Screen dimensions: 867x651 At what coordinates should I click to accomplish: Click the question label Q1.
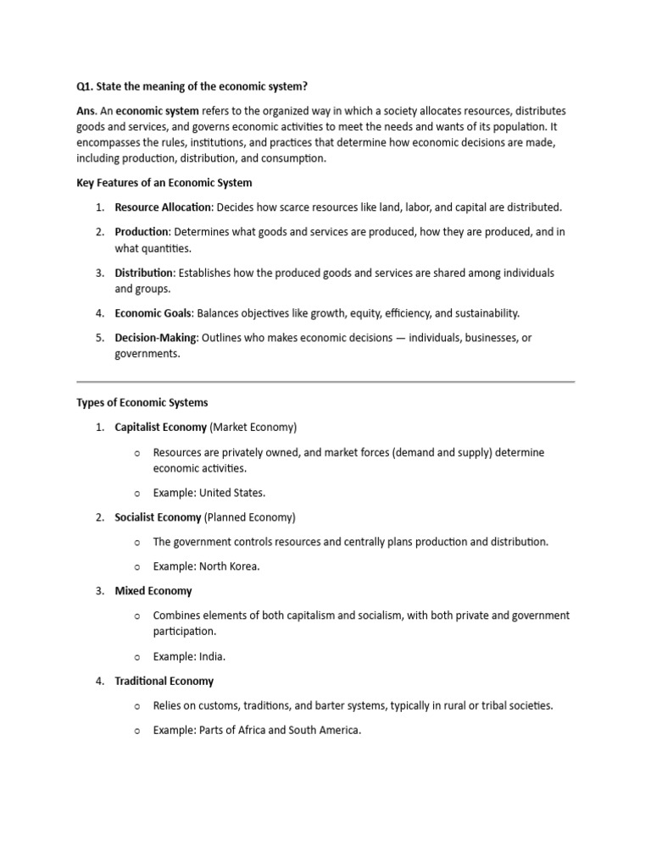(86, 86)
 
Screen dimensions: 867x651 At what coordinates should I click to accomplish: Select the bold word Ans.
(86, 111)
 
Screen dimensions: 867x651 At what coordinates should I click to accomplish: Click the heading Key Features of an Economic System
(164, 183)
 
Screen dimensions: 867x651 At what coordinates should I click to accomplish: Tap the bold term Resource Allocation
(163, 207)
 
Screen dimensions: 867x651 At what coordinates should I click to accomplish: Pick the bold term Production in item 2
(142, 232)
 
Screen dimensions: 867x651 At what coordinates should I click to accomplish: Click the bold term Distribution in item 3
(144, 273)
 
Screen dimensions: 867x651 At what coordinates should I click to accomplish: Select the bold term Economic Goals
(153, 313)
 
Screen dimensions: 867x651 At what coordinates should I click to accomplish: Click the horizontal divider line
(325, 382)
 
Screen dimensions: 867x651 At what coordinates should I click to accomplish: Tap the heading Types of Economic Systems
(142, 403)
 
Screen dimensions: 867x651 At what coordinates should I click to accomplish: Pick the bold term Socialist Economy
(158, 517)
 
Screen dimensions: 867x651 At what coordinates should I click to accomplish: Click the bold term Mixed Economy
(153, 591)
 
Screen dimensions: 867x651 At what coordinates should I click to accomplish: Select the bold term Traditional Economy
(164, 681)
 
